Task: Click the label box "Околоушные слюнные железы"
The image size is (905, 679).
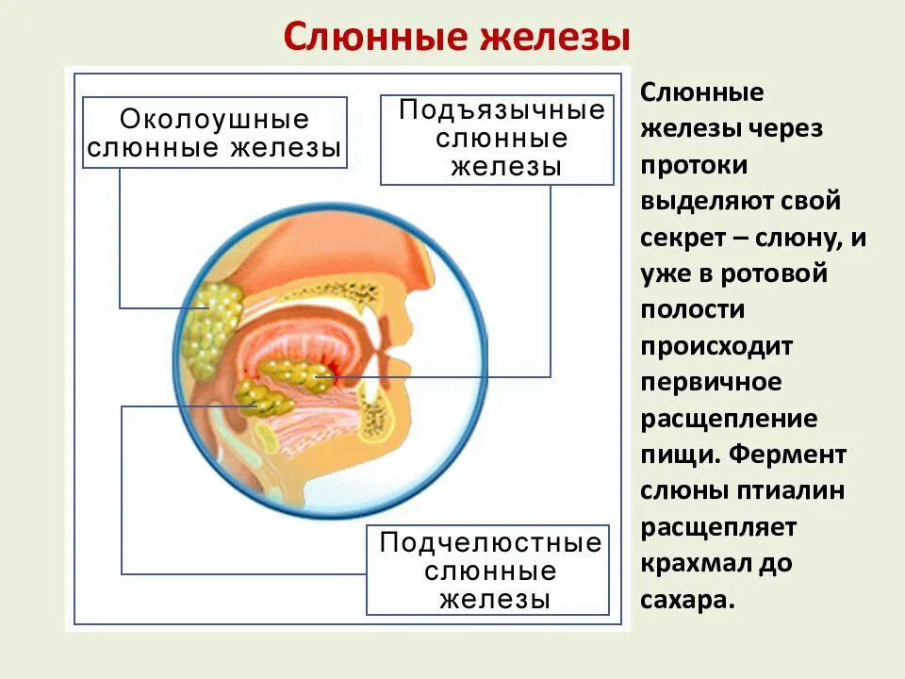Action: coord(214,133)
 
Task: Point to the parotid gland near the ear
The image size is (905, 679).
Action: coord(212,325)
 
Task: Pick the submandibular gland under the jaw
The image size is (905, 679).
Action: coord(264,399)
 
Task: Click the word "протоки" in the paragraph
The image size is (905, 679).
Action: coord(695,165)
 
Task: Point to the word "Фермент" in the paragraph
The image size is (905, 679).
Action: coord(800,455)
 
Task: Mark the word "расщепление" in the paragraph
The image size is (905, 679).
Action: coord(729,419)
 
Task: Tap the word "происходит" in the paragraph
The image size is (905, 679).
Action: coord(716,346)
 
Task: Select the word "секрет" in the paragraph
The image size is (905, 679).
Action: coord(683,238)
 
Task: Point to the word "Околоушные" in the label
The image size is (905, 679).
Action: coord(214,121)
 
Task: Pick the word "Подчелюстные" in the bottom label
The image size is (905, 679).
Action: coord(490,544)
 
